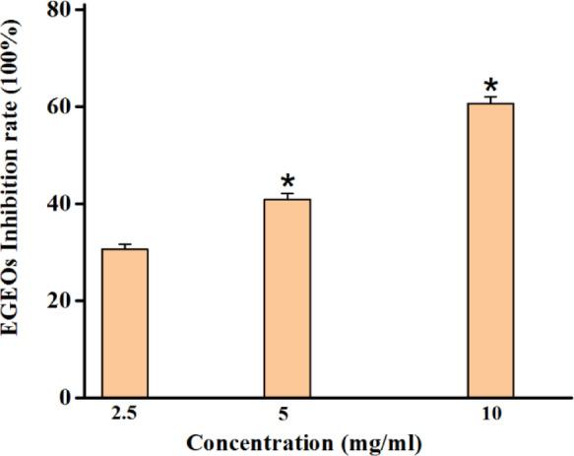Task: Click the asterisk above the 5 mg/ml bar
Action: point(287,182)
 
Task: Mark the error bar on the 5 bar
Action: point(287,196)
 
